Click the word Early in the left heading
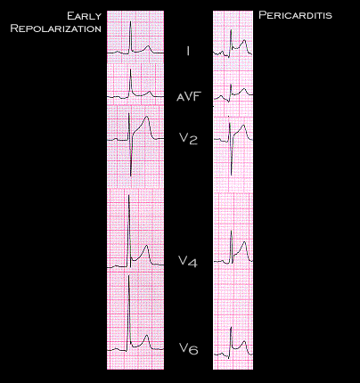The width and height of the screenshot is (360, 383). [85, 16]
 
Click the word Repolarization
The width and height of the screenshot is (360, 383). [56, 29]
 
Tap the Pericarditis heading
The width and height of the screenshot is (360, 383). [295, 15]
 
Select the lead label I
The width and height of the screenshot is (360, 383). [188, 51]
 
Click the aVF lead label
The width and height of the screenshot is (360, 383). [189, 96]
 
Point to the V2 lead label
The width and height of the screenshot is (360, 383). [188, 138]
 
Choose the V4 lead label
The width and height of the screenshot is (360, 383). [188, 261]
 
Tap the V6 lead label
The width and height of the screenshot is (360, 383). [188, 348]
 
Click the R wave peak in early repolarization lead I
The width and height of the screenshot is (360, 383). [130, 21]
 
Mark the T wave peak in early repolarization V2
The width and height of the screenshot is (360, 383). [146, 117]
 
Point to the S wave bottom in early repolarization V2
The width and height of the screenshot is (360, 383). [131, 175]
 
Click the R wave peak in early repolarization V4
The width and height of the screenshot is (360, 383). [129, 195]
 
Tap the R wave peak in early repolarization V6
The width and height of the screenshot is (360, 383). [129, 275]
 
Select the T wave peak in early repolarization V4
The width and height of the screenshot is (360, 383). [146, 246]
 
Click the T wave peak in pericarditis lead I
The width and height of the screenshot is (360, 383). [244, 40]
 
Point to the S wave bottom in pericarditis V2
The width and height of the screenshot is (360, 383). [232, 175]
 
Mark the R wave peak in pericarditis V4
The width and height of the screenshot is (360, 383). [232, 231]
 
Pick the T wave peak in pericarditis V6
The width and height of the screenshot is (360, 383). [244, 341]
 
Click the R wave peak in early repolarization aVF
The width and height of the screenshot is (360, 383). [130, 69]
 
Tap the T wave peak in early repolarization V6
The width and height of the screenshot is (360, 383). [146, 335]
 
